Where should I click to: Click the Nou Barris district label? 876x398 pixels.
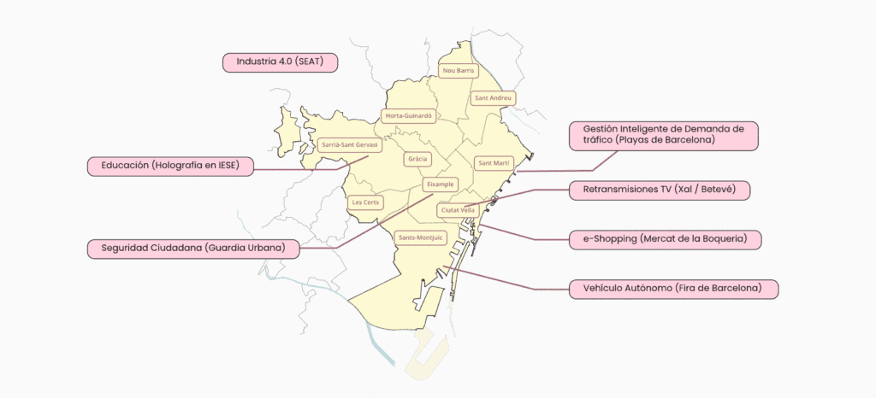point(458,71)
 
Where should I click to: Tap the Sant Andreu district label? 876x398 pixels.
point(494,98)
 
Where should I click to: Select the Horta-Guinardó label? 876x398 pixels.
point(410,115)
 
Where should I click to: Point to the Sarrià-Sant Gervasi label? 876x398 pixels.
point(348,145)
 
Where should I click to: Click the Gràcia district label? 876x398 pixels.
point(417,159)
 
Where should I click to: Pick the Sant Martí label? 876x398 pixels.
point(494,162)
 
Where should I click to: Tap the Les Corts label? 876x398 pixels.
point(366,202)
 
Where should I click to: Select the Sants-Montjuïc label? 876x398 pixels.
point(422,237)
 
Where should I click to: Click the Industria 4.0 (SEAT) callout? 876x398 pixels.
point(281,62)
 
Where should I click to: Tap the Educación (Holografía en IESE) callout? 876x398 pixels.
point(171,166)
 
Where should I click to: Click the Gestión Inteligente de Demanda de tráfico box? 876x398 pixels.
point(658,134)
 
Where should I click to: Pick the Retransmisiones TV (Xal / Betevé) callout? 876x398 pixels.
point(660,190)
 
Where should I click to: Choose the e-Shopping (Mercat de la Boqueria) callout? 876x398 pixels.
point(665,239)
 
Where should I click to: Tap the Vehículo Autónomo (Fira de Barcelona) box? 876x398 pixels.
point(674,289)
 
